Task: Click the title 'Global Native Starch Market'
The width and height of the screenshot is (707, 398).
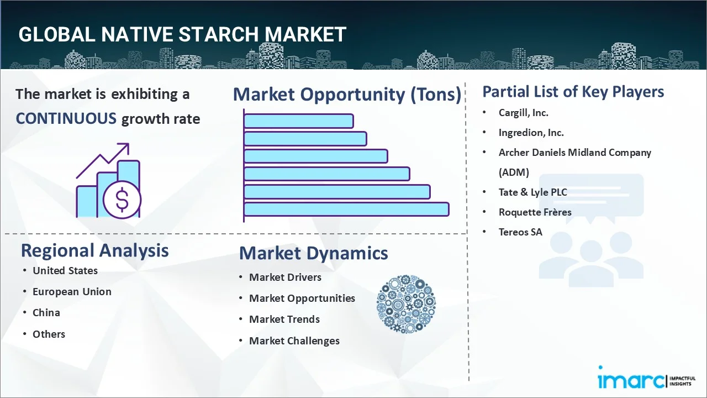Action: pos(182,34)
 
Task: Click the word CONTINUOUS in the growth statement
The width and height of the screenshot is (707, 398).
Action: pos(66,118)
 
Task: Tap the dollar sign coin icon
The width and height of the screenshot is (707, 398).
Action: pos(122,200)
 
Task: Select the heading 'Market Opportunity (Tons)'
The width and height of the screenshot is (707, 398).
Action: pos(347,95)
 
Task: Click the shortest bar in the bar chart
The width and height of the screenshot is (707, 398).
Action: pos(298,121)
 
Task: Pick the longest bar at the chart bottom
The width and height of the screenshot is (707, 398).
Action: pos(346,209)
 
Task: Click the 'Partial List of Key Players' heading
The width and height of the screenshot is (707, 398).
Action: pos(573,92)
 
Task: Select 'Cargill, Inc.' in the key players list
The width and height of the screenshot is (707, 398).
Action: pos(523,113)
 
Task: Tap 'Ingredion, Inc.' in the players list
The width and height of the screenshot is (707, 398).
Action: pos(531,133)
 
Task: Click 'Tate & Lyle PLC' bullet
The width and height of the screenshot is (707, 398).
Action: pos(532,192)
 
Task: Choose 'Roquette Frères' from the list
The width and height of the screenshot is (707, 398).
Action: pos(535,212)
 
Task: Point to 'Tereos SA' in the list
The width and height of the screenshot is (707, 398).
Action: pos(520,232)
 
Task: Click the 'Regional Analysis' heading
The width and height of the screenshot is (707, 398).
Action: pos(94,250)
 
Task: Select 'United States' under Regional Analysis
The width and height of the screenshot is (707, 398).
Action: pos(65,271)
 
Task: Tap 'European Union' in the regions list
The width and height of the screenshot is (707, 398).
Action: pos(72,292)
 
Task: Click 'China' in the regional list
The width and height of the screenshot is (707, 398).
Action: pos(46,313)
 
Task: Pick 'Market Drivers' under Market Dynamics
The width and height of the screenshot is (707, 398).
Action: pos(285,277)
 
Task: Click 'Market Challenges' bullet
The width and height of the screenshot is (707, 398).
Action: pos(294,341)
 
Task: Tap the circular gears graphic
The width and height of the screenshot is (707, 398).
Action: pos(406,304)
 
